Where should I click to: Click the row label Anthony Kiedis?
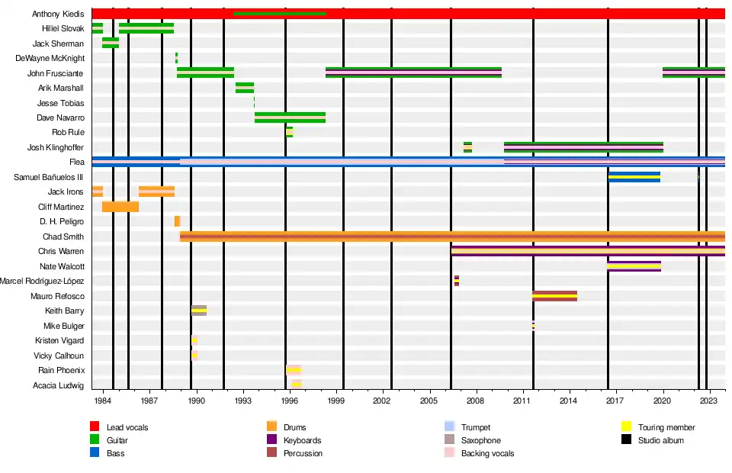(58, 14)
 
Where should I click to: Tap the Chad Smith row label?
(63, 236)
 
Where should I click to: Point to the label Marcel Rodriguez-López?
(42, 282)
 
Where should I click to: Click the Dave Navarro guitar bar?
(290, 117)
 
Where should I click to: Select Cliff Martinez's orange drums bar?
(120, 207)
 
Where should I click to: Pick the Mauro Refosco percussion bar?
(554, 296)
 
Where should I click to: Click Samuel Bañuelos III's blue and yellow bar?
(634, 177)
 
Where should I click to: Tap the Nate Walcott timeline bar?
(634, 266)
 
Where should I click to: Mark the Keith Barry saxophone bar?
(199, 311)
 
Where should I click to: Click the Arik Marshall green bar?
(245, 88)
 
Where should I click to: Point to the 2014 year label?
(569, 401)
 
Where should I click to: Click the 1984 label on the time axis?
(103, 401)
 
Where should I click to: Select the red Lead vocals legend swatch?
(95, 427)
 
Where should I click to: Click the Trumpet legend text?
(476, 428)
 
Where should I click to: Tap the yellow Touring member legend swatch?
(627, 427)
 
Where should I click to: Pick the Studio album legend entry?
(661, 440)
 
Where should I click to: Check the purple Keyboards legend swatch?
(271, 440)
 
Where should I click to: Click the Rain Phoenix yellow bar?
(294, 370)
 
